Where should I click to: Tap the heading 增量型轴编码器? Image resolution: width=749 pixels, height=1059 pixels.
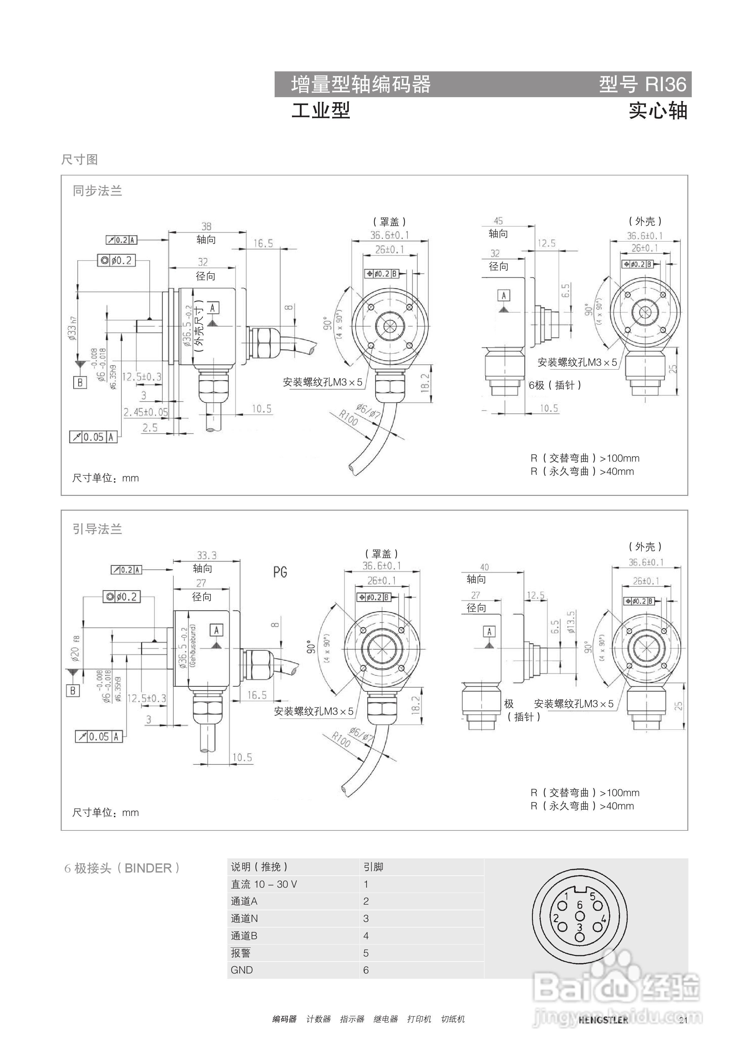[361, 84]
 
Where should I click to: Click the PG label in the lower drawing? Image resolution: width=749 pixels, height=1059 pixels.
[280, 572]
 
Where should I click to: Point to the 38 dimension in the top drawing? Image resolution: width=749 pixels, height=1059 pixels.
[206, 226]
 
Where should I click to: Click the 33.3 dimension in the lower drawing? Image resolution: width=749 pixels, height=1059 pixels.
[206, 555]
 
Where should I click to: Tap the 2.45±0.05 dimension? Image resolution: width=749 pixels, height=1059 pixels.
[145, 412]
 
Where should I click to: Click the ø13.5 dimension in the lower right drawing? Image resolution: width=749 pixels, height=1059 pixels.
[571, 623]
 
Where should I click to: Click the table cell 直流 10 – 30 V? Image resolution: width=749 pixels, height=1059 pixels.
[264, 884]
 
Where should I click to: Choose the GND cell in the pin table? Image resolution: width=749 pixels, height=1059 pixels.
[242, 970]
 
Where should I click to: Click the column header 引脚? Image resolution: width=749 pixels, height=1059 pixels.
[373, 867]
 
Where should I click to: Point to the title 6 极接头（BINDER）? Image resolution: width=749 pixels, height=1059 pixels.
[122, 868]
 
